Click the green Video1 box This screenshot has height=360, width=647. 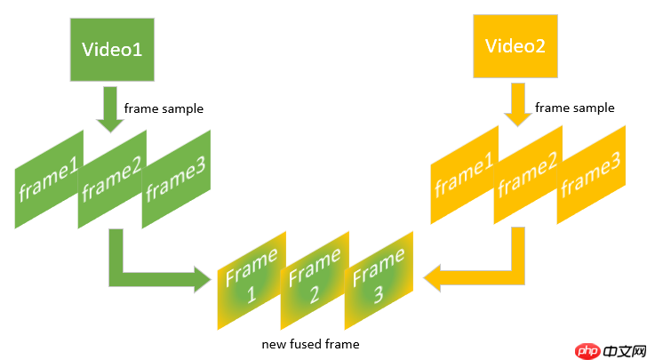(112, 50)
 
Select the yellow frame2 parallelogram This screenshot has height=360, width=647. (528, 174)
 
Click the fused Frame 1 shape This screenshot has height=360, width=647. (251, 280)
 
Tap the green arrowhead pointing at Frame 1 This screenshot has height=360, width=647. (203, 277)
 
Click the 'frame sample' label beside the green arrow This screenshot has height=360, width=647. (164, 108)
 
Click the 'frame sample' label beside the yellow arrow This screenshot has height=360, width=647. (574, 108)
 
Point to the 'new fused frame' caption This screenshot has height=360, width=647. (311, 343)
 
